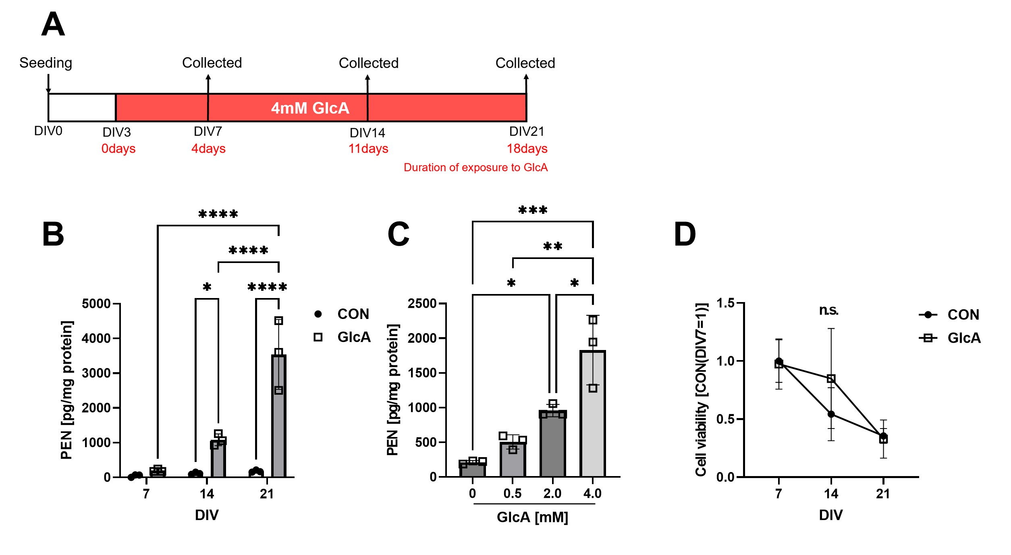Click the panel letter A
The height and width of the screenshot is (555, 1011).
click(x=53, y=25)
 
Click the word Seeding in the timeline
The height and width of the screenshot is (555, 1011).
click(x=46, y=63)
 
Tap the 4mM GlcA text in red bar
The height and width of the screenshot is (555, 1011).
click(x=310, y=108)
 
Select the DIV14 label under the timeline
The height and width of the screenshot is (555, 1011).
click(x=367, y=133)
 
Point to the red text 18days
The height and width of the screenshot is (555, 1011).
click(x=527, y=149)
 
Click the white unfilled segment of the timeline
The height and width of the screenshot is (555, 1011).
click(x=82, y=108)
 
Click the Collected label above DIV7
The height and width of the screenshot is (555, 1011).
click(x=212, y=63)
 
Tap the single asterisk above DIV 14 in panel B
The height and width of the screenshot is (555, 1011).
click(x=207, y=287)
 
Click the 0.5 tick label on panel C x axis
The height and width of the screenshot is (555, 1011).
click(x=512, y=493)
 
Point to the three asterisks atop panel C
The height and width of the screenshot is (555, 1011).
click(x=532, y=210)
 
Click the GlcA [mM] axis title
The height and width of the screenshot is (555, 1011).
click(x=532, y=517)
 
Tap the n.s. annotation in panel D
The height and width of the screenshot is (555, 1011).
click(x=828, y=310)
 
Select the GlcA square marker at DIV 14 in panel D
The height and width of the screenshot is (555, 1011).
click(x=831, y=379)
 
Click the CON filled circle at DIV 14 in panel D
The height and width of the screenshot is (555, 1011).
click(x=831, y=414)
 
